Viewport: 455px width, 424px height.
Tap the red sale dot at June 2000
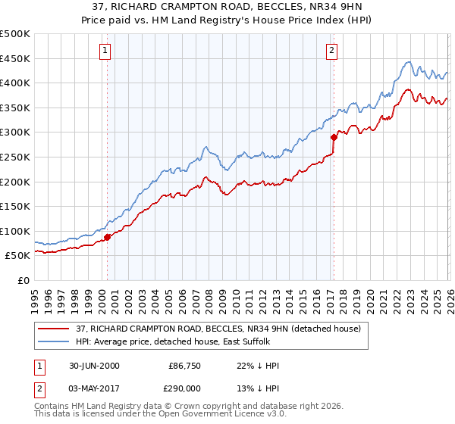(x=108, y=237)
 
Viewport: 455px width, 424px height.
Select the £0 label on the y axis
(x=23, y=280)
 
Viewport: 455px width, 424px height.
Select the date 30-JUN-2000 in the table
(x=93, y=366)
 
